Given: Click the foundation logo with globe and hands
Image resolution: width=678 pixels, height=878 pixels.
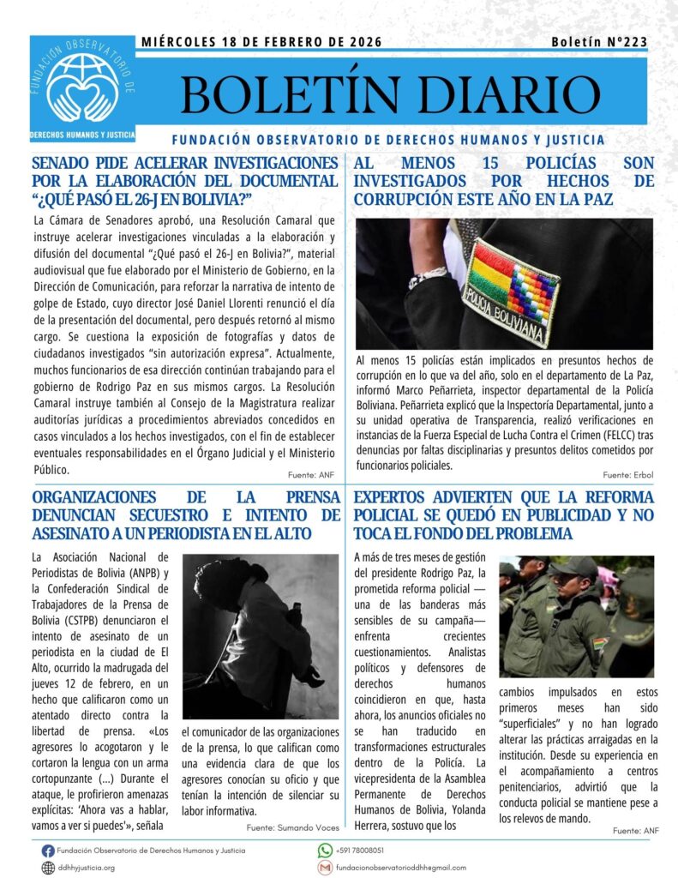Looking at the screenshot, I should pyautogui.click(x=82, y=86).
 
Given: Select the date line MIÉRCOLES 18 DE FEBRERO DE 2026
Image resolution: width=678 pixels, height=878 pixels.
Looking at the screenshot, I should pyautogui.click(x=261, y=42).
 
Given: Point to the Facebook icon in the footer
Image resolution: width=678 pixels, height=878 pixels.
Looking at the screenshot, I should pyautogui.click(x=48, y=850).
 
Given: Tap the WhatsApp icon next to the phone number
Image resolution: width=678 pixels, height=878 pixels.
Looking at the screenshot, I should pyautogui.click(x=325, y=850).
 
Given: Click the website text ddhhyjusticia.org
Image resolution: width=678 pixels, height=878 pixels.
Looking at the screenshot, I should pyautogui.click(x=87, y=867).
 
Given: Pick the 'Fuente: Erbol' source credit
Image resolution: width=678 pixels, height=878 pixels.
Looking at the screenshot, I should pyautogui.click(x=627, y=474).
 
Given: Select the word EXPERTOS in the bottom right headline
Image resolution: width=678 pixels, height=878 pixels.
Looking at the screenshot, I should pyautogui.click(x=394, y=497).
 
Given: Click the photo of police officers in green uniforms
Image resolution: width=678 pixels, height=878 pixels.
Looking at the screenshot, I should pyautogui.click(x=577, y=616).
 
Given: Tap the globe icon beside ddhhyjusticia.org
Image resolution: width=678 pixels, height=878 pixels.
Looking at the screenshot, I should pyautogui.click(x=48, y=867).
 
